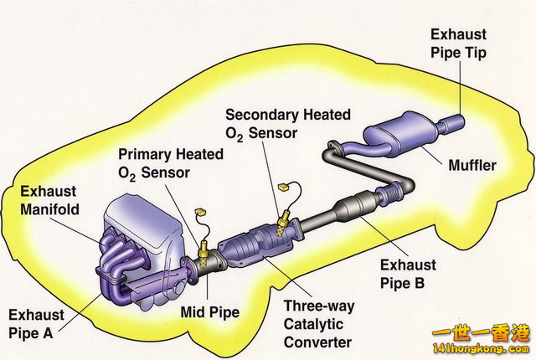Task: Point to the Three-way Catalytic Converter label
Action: (x=317, y=324)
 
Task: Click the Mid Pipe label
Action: (x=210, y=313)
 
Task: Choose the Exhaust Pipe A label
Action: (x=39, y=323)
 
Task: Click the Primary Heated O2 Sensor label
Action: (x=170, y=163)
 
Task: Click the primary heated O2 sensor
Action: (x=204, y=249)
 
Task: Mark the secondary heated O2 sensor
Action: (x=283, y=222)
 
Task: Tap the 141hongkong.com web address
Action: (x=485, y=349)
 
